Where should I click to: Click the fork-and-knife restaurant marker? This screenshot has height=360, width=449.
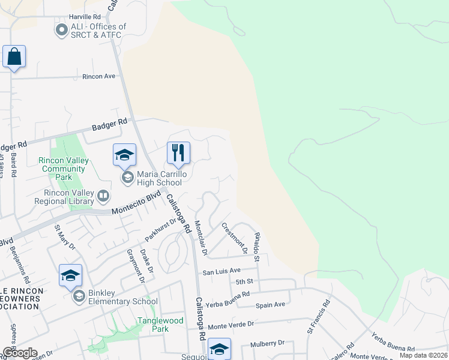point(178,153)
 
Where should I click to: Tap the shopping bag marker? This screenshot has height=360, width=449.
point(14,58)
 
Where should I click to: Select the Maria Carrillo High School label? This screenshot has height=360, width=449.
point(159,178)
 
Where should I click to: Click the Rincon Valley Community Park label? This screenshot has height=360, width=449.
point(64,169)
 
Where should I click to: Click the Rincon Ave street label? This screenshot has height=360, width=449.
point(98,77)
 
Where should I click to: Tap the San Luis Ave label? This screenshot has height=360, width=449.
point(221,271)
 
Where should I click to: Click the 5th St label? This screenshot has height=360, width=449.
point(244,281)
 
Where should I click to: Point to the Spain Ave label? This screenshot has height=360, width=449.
point(270,305)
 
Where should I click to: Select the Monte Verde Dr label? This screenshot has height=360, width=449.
point(231,323)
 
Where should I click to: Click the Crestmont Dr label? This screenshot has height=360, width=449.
point(234,235)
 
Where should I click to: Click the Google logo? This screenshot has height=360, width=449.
point(19,353)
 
